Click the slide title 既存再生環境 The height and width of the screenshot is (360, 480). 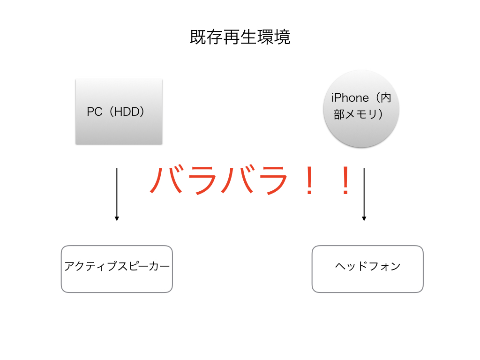[240, 37]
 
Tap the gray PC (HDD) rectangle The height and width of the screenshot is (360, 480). [119, 112]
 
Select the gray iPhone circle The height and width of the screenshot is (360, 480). [361, 108]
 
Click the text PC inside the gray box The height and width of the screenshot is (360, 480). [94, 112]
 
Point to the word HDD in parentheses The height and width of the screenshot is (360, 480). [127, 112]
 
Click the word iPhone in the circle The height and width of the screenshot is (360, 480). [350, 98]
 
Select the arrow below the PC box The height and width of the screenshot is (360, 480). [117, 195]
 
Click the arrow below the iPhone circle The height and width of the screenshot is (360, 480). [364, 195]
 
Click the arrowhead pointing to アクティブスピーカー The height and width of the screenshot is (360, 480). [117, 218]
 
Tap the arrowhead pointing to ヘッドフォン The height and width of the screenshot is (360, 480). [364, 218]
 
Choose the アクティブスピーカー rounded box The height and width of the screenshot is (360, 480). [117, 269]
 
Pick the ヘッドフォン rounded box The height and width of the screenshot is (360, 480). [367, 269]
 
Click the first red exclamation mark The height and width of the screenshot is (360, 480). [309, 180]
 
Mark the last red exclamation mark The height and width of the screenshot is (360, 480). [345, 180]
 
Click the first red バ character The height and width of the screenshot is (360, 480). [167, 180]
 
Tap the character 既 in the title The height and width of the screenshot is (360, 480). [198, 37]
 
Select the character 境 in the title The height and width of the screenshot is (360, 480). [282, 37]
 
